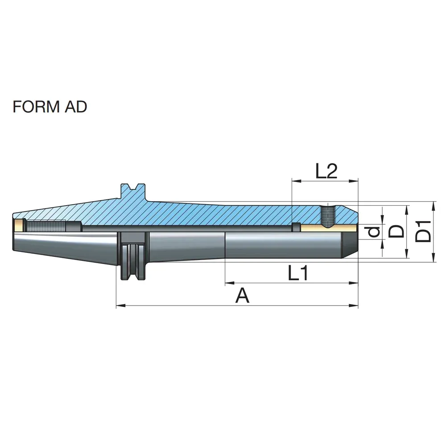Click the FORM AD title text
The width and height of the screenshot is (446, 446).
(50, 107)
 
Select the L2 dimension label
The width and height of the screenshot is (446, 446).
(326, 171)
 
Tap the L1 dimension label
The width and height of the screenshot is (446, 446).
(298, 273)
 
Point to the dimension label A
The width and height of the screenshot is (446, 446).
(242, 295)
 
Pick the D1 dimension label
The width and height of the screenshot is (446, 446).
(423, 231)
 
